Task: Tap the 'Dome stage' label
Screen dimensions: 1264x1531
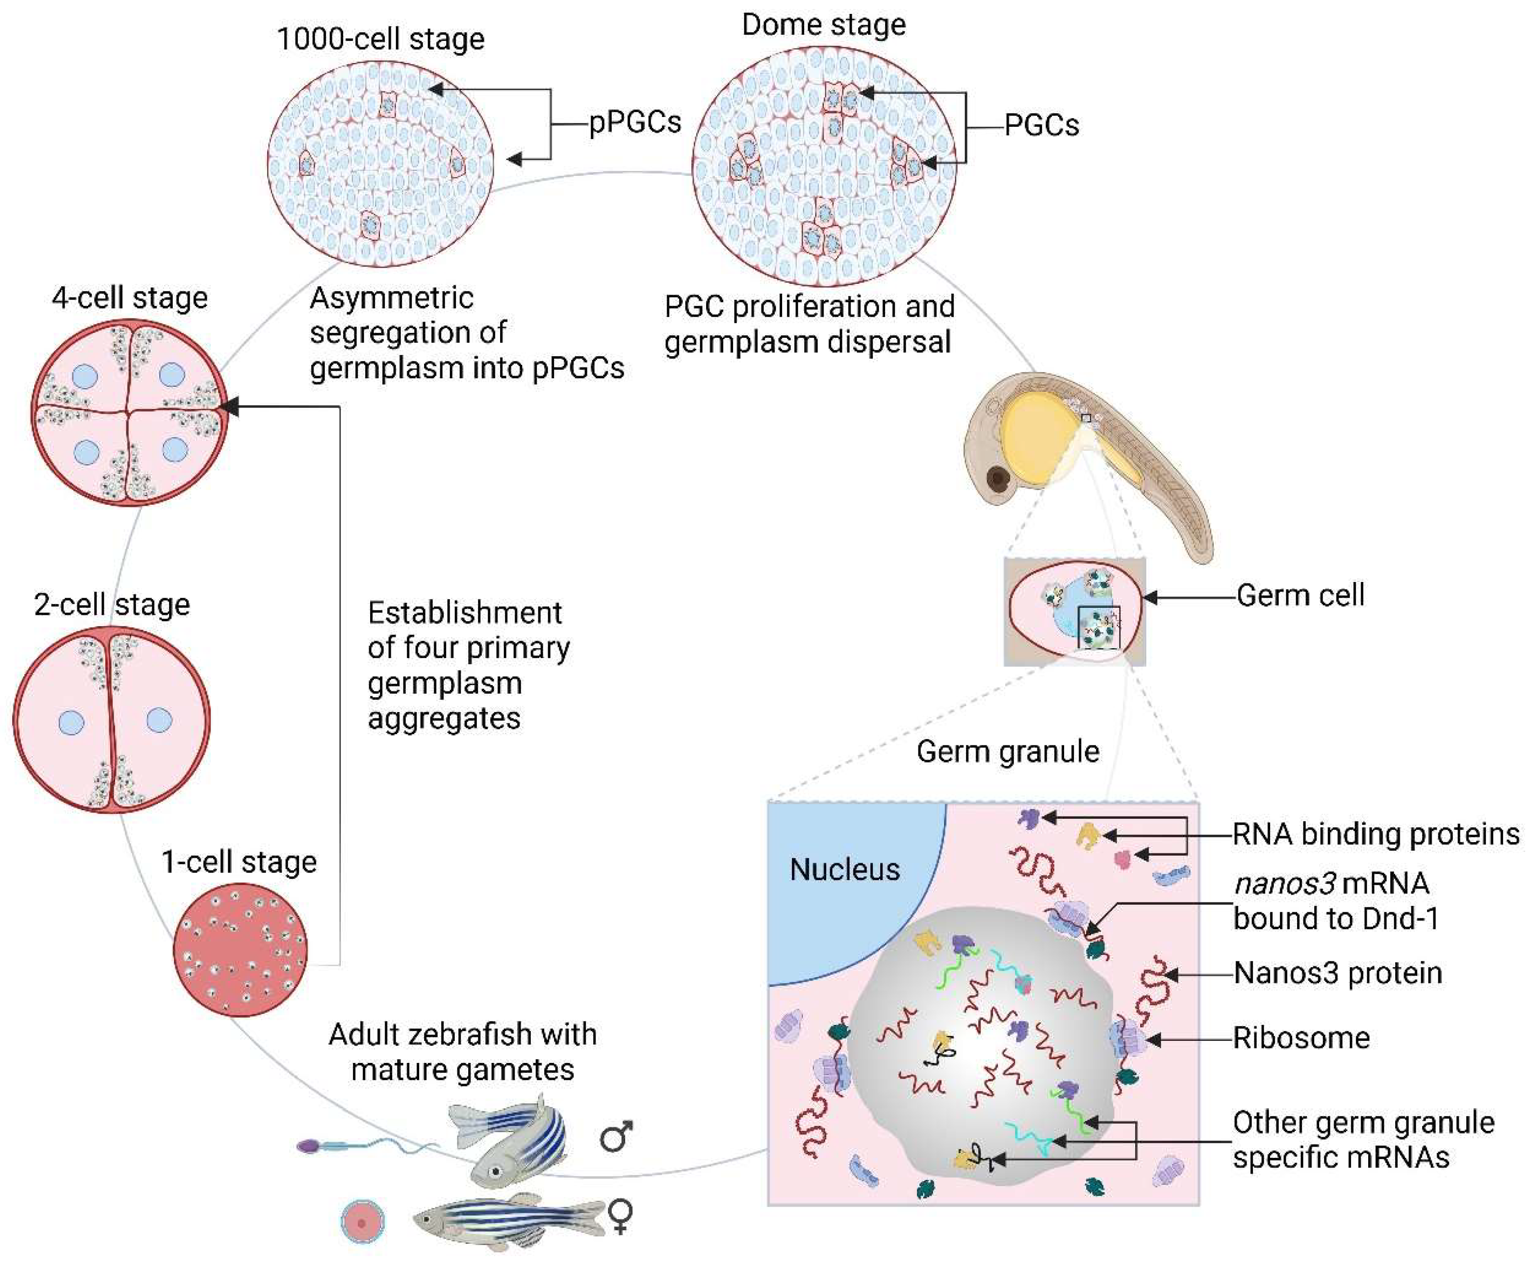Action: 824,25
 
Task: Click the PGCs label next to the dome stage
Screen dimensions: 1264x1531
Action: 1041,125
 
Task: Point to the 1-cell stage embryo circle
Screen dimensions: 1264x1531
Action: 240,950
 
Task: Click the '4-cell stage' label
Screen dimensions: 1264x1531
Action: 130,297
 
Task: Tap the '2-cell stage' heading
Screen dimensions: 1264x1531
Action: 112,604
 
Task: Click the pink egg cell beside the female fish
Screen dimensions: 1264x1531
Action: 363,1221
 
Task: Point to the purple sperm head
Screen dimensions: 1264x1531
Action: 309,1146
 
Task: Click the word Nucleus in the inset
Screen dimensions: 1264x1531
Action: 845,870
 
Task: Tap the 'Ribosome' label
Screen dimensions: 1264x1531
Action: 1301,1038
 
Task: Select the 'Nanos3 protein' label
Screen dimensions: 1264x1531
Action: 1337,973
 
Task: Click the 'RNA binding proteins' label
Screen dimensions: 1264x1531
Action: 1375,834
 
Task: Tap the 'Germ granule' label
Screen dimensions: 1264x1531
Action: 1007,751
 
